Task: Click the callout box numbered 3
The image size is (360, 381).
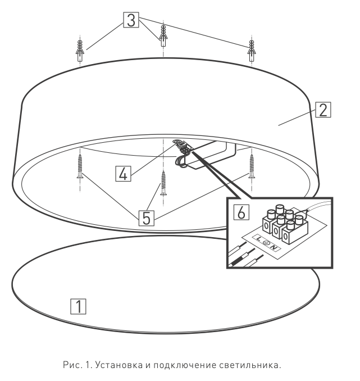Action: (x=131, y=20)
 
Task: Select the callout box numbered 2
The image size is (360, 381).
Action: (x=323, y=110)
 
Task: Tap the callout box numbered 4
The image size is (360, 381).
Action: (x=123, y=174)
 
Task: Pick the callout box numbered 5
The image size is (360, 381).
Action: (x=147, y=218)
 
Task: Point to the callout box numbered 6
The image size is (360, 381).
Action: (x=241, y=212)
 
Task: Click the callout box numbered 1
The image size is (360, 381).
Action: (x=78, y=306)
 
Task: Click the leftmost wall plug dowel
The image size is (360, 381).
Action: (x=80, y=51)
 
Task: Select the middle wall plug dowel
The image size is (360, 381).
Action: (x=163, y=36)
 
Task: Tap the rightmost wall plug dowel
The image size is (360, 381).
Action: (x=252, y=51)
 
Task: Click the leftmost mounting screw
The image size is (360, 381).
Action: (x=80, y=166)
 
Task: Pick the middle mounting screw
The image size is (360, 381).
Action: (x=163, y=183)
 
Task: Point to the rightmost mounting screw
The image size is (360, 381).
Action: (x=252, y=166)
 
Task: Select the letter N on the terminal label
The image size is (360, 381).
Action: (x=274, y=248)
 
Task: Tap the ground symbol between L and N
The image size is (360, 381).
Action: (x=266, y=243)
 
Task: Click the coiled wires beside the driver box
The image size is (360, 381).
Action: (x=180, y=161)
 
